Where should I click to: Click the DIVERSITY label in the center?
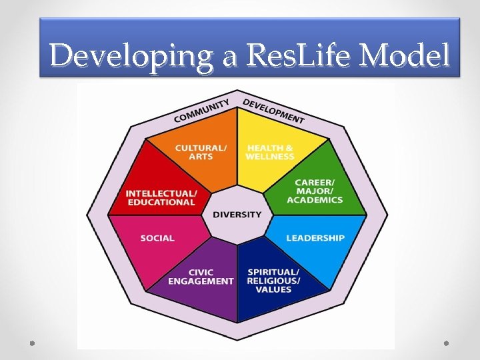pyautogui.click(x=237, y=215)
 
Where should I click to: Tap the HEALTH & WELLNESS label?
pyautogui.click(x=270, y=152)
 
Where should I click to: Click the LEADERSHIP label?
pyautogui.click(x=315, y=238)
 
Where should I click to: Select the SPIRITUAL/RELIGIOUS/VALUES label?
pyautogui.click(x=273, y=281)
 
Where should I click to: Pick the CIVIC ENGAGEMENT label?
pyautogui.click(x=201, y=277)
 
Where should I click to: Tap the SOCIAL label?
pyautogui.click(x=157, y=238)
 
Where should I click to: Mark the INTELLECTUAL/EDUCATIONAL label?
pyautogui.click(x=161, y=198)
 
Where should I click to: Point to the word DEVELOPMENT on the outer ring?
pyautogui.click(x=273, y=111)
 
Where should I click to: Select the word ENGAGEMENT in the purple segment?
pyautogui.click(x=201, y=281)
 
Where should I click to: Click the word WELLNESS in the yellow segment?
pyautogui.click(x=270, y=157)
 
